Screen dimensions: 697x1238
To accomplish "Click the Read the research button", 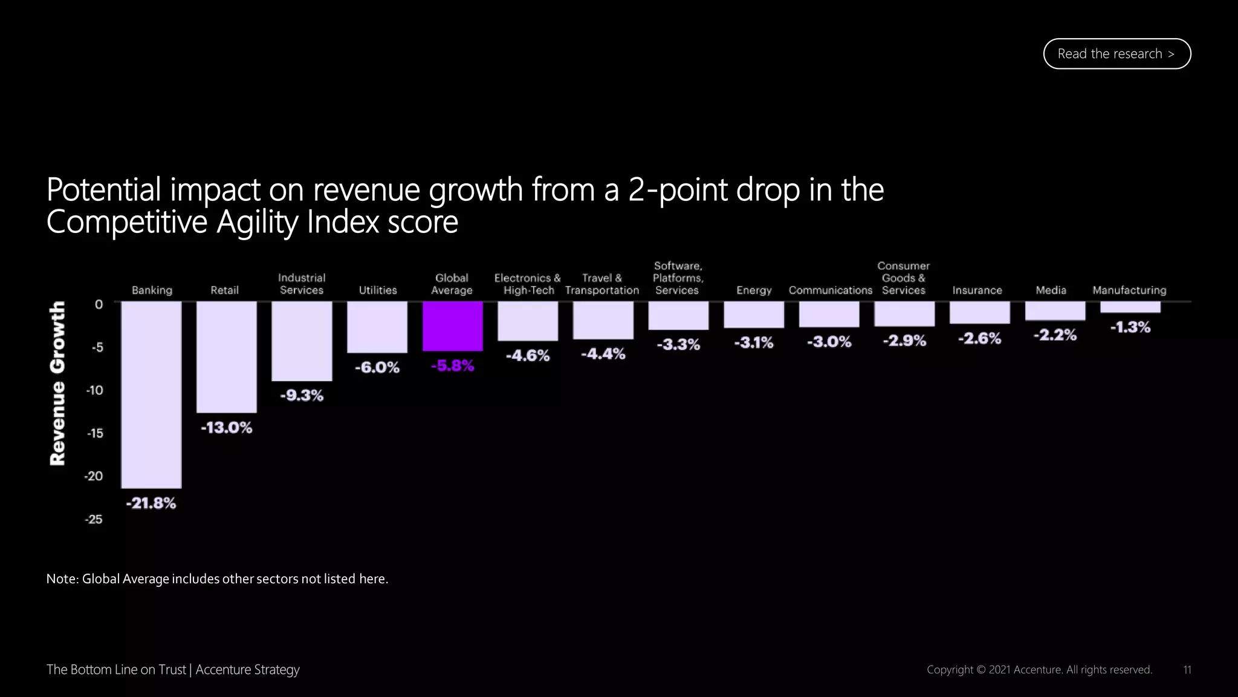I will coord(1116,54).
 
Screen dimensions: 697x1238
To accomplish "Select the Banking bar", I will coord(151,394).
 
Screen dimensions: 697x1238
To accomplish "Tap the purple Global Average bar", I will coord(452,326).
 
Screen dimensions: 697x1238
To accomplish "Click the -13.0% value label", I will coord(226,428).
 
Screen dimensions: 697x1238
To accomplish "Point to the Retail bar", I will coord(226,357).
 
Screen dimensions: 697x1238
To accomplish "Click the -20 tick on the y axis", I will coord(94,476).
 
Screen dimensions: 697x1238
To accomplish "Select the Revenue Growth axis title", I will coord(57,384).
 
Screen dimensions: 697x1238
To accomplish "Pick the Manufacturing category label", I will coord(1129,290).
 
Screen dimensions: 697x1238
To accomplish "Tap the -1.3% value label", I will coord(1130,327).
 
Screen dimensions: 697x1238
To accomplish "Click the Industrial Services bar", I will coord(302,341).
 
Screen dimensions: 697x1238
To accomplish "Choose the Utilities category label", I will coord(378,290).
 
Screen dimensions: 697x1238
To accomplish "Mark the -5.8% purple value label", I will coord(452,366).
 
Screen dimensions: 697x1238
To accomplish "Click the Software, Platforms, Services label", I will coord(678,278).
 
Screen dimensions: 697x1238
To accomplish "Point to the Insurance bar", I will coord(979,313).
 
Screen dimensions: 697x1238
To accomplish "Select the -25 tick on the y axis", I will coord(94,519).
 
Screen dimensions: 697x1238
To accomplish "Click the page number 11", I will coord(1187,670).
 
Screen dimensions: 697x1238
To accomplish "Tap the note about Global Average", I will coord(217,579).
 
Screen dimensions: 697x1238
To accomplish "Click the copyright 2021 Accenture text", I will coord(1039,670).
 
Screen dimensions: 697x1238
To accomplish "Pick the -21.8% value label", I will coord(151,503).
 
